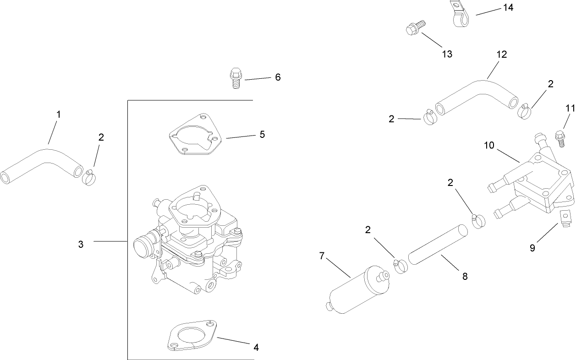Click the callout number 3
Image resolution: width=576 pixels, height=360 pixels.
[x=81, y=245]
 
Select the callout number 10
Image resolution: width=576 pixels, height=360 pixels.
[x=490, y=145]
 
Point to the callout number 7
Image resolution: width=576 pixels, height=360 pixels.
[x=322, y=256]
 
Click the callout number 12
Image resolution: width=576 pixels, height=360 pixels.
[x=501, y=55]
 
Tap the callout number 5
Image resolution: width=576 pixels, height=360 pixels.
[x=262, y=134]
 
